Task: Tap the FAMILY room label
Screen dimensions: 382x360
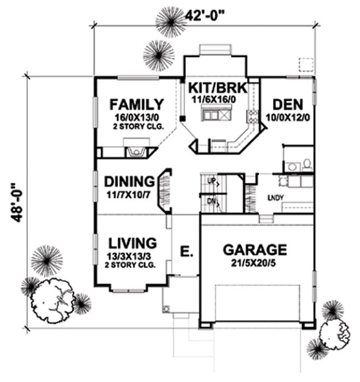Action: coord(137,104)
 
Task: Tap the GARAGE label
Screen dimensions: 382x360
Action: coord(255,250)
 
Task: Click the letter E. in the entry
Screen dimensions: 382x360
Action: coord(186,252)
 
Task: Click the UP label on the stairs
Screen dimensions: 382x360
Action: coord(211,182)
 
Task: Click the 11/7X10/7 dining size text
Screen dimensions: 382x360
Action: coord(128,193)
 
